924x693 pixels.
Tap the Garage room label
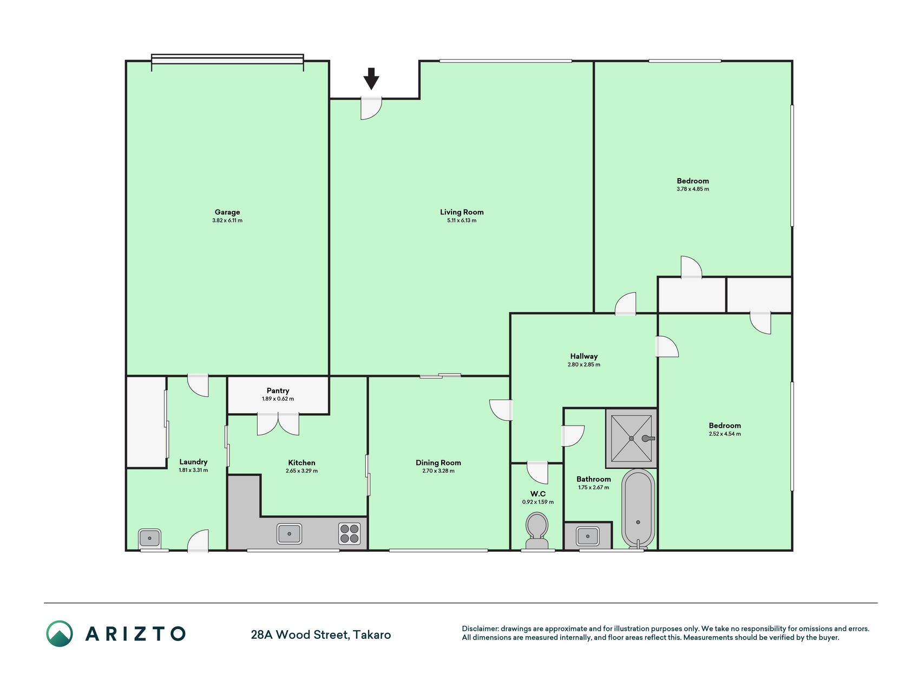pyautogui.click(x=227, y=212)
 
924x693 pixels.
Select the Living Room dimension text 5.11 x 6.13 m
pyautogui.click(x=462, y=220)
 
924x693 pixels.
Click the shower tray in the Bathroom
pyautogui.click(x=631, y=438)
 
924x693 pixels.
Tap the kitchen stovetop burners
pyautogui.click(x=349, y=533)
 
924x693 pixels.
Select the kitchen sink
pyautogui.click(x=290, y=533)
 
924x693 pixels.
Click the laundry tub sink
pyautogui.click(x=149, y=538)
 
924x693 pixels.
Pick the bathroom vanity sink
pyautogui.click(x=587, y=536)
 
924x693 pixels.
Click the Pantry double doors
pyautogui.click(x=278, y=424)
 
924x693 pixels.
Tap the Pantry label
pyautogui.click(x=278, y=390)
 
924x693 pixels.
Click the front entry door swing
pyautogui.click(x=371, y=108)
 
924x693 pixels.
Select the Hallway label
pyautogui.click(x=584, y=356)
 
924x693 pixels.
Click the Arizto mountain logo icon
pyautogui.click(x=59, y=633)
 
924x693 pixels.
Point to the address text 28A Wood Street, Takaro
pyautogui.click(x=321, y=635)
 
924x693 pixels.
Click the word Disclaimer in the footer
pyautogui.click(x=480, y=629)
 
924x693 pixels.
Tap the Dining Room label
pyautogui.click(x=438, y=462)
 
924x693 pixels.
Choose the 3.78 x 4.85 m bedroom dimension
pyautogui.click(x=693, y=189)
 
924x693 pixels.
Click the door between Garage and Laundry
pyautogui.click(x=198, y=385)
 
